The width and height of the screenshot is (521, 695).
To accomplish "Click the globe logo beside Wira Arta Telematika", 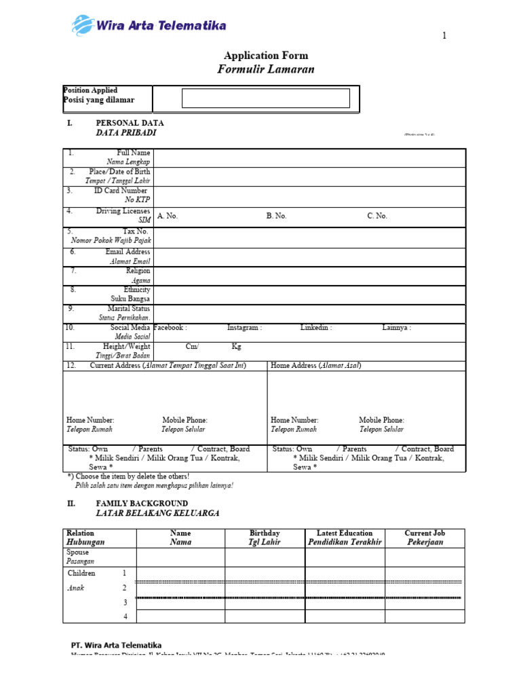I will pyautogui.click(x=83, y=26).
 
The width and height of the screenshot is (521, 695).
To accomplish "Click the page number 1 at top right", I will pyautogui.click(x=444, y=37).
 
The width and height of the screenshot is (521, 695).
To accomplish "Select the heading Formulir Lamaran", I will pyautogui.click(x=266, y=69).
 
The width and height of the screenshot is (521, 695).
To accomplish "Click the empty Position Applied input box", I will pyautogui.click(x=266, y=98).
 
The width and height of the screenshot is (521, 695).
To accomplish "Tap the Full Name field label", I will pyautogui.click(x=134, y=153).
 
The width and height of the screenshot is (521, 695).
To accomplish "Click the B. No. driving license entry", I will pyautogui.click(x=277, y=216).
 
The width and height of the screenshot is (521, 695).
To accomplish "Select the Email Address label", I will pyautogui.click(x=128, y=252).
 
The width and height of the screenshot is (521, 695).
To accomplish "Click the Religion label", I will pyautogui.click(x=138, y=271).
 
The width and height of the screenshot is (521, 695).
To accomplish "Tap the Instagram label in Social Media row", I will pyautogui.click(x=244, y=328).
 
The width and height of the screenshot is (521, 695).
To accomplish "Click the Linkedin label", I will pyautogui.click(x=316, y=328).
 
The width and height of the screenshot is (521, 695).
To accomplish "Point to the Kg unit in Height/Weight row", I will pyautogui.click(x=237, y=347).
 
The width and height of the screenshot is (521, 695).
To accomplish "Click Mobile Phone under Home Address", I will pyautogui.click(x=381, y=421).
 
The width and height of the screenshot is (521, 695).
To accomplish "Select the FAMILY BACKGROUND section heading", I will pyautogui.click(x=142, y=504).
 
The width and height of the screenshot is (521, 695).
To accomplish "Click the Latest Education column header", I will pyautogui.click(x=345, y=533).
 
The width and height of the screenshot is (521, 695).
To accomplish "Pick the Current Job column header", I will pyautogui.click(x=425, y=533).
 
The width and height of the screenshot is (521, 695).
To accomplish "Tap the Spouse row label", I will pyautogui.click(x=77, y=552).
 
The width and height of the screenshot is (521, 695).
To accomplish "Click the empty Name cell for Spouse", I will pyautogui.click(x=180, y=557).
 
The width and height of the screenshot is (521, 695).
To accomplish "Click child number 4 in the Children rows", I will pyautogui.click(x=125, y=616).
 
